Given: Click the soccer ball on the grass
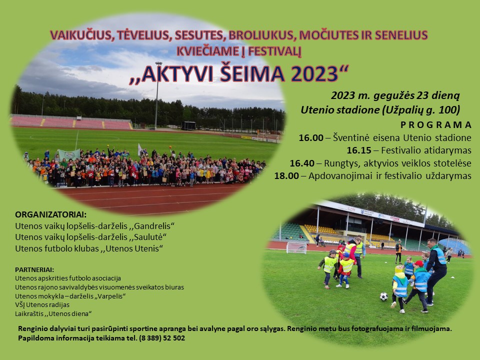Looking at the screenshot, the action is tap(383, 296).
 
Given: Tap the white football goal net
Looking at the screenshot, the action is tap(296, 247).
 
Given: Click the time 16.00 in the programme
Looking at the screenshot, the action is tap(311, 138).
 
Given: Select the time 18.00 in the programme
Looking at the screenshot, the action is tap(286, 175).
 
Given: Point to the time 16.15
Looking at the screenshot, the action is tap(359, 150).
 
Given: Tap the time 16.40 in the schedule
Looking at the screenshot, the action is tap(302, 163).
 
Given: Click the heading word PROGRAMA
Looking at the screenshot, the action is tap(436, 125).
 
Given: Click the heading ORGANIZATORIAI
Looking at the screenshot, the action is tap(51, 214).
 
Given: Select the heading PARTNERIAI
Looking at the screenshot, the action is tap(34, 269).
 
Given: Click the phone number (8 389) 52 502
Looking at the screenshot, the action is tap(162, 338).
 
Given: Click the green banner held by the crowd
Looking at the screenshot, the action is tap(69, 155).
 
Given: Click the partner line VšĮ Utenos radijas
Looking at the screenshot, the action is tap(42, 305).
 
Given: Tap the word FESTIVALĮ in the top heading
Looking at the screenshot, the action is tap(275, 51).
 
